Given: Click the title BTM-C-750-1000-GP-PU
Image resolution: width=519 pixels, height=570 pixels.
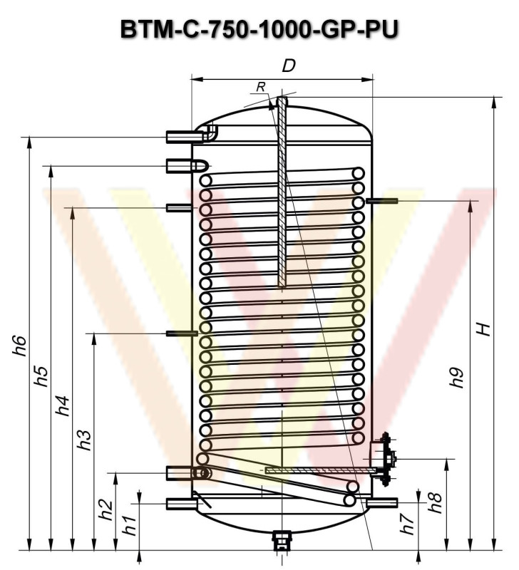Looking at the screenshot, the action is [259, 29].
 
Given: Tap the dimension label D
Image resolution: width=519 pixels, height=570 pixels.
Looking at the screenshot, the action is [289, 66].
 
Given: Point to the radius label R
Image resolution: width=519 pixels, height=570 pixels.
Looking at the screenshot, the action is [261, 87].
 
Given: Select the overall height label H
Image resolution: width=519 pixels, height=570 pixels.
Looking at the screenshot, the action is [484, 329].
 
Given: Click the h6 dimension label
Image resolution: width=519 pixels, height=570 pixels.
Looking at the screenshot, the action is [20, 346].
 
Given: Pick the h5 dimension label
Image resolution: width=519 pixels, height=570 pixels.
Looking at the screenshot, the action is [41, 376].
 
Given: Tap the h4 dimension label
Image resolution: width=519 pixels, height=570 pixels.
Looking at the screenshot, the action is [62, 405].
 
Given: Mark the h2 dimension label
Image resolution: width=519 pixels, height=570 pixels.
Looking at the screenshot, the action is [106, 510].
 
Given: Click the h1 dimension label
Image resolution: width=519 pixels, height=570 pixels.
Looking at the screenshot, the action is [129, 525].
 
